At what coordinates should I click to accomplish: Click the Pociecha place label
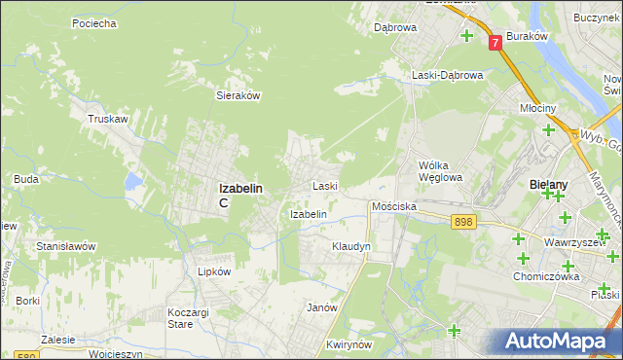pos(94,22)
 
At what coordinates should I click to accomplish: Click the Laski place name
pos(324,186)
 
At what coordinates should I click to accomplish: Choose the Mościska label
pos(394,207)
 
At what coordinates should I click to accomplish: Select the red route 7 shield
pos(495,43)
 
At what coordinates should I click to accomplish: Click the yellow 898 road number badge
pos(463,223)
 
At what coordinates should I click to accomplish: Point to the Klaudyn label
pos(351,247)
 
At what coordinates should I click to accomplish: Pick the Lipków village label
pos(214,272)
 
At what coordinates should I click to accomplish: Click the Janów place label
pos(321,307)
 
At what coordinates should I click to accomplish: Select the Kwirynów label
pos(351,344)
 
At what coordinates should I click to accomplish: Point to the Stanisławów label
pos(65,247)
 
